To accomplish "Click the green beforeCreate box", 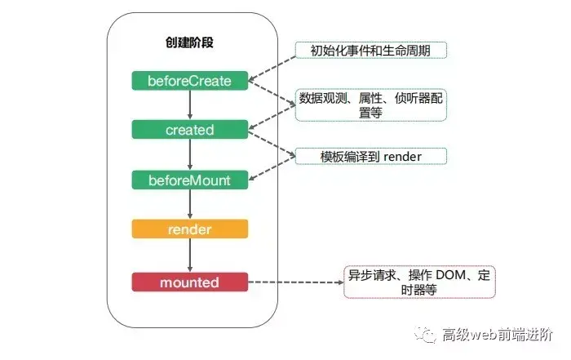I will (x=189, y=81).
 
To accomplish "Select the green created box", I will (x=189, y=130).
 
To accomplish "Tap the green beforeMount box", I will (x=189, y=180).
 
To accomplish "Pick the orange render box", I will (x=189, y=229).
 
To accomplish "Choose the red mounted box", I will (x=189, y=282).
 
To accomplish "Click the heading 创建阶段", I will (x=189, y=42).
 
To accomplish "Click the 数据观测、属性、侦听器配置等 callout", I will (x=372, y=105).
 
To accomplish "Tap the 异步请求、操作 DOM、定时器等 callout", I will (x=418, y=280).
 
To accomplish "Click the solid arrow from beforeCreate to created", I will (x=189, y=105).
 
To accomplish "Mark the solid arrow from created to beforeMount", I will (x=189, y=154).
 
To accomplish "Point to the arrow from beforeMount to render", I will (x=189, y=204).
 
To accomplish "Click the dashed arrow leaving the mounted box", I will (x=294, y=282).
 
